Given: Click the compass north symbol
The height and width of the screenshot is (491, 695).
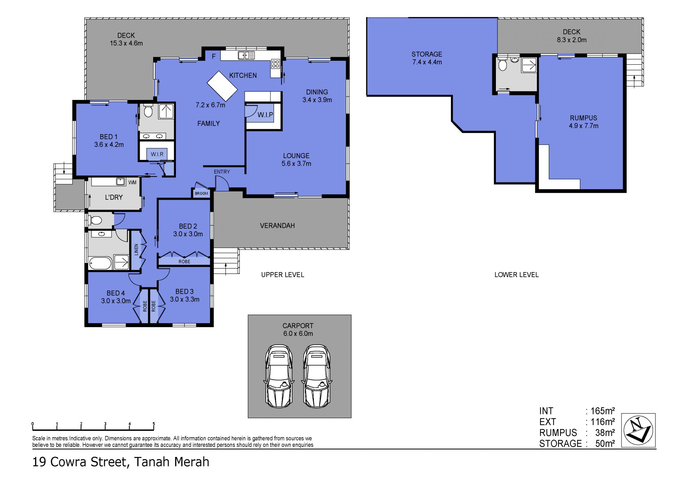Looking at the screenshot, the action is (x=639, y=430).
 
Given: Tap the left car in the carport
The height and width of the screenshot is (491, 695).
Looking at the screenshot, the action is (x=279, y=376).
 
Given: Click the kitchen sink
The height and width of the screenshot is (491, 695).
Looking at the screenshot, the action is (x=246, y=55).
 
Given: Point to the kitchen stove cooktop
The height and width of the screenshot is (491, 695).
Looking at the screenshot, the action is (x=275, y=64).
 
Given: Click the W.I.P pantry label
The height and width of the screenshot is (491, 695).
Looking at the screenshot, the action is (x=265, y=115).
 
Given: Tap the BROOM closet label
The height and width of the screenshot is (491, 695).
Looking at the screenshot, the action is (x=202, y=193).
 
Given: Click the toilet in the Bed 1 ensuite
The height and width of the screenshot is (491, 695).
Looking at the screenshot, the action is (x=148, y=111).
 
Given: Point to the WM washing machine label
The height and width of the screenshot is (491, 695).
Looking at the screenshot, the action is (x=132, y=182).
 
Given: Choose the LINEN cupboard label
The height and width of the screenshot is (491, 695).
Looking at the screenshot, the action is (x=136, y=250).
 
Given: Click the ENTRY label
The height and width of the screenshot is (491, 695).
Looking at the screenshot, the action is (x=222, y=172).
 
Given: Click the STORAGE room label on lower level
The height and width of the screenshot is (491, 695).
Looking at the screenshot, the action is (x=427, y=54).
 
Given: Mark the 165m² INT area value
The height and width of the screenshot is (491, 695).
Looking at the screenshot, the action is (x=603, y=411).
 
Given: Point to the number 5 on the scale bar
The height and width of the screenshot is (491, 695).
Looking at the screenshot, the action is (x=153, y=424).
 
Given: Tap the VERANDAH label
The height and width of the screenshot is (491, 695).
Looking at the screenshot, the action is (x=277, y=226).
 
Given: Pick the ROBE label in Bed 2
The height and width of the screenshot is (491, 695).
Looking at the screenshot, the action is (x=184, y=261).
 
